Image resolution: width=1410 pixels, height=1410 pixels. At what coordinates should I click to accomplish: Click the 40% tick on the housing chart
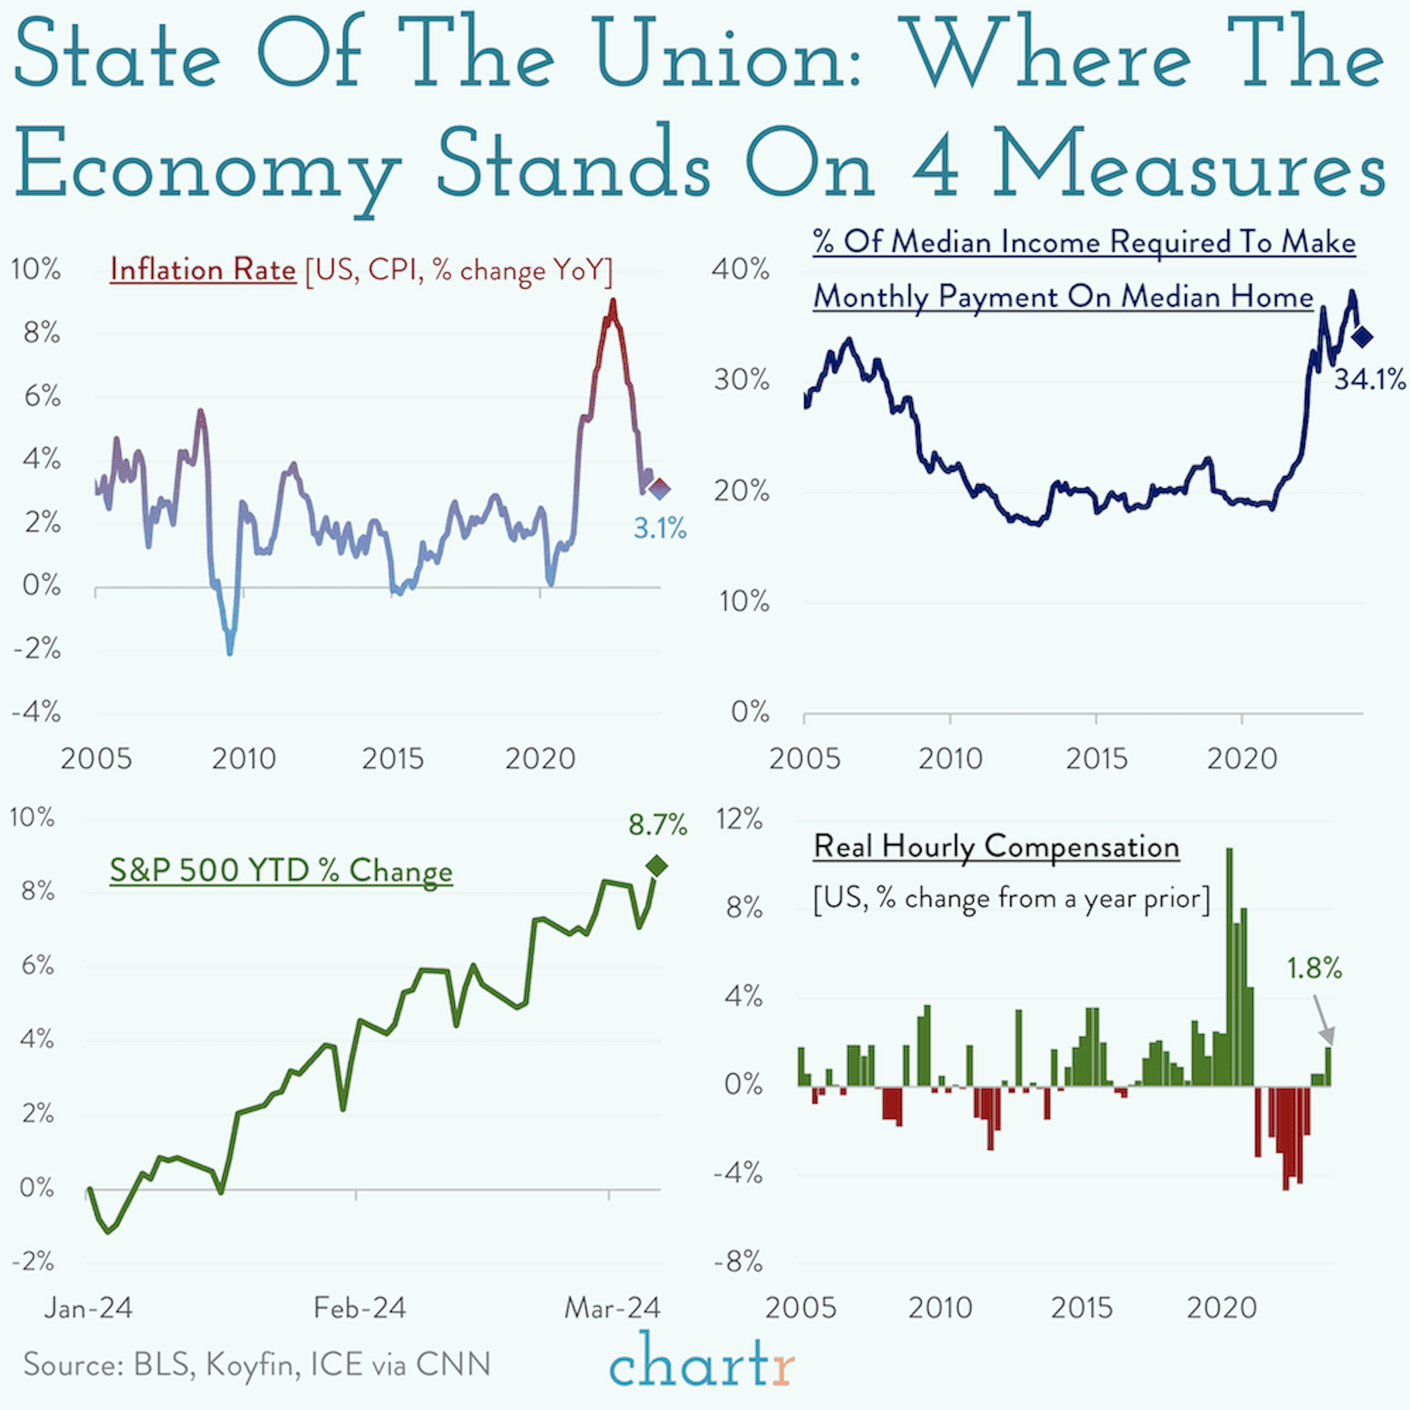pos(741,269)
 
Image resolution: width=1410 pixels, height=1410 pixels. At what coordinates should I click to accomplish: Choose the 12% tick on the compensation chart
pos(739,820)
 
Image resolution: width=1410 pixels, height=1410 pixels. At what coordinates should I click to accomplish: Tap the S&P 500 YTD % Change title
pos(281,871)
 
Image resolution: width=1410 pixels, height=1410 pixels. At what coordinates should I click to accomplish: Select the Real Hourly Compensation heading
pos(996,847)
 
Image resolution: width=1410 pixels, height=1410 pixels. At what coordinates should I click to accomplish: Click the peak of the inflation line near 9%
pos(613,301)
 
